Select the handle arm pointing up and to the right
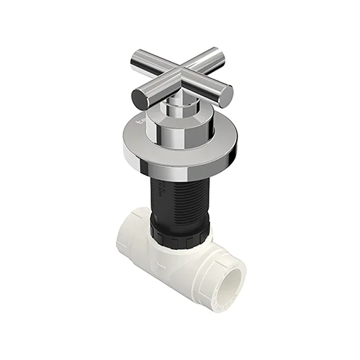point(203,60)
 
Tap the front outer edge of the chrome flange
point(180,168)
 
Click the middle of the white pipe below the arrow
point(173,281)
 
